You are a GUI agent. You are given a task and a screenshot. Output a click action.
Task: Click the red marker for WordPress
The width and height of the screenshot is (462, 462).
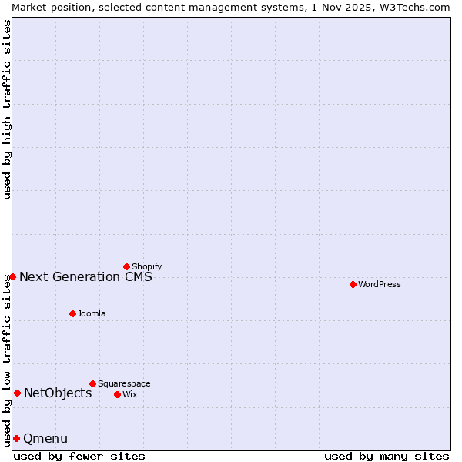353,284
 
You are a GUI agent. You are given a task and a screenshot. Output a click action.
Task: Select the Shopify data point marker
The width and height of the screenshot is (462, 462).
126,266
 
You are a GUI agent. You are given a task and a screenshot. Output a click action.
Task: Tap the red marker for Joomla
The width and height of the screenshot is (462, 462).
72,313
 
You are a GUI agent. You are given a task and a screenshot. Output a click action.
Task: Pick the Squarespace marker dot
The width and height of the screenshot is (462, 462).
92,383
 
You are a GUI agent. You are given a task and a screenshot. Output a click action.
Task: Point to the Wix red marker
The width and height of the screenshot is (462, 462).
117,394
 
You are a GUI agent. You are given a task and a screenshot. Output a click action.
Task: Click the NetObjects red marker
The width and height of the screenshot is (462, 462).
17,393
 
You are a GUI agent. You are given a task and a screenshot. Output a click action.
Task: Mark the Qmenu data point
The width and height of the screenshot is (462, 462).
16,438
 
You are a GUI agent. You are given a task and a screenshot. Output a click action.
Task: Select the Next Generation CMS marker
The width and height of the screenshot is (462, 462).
12,276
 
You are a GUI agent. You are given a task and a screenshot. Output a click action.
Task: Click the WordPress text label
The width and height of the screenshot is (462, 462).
380,284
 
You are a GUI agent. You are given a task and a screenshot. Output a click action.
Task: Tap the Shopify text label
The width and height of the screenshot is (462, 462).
146,266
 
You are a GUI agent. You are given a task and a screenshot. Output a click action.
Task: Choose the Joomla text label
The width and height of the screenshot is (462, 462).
92,313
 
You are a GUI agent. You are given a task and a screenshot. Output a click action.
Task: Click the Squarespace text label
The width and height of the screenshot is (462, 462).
124,383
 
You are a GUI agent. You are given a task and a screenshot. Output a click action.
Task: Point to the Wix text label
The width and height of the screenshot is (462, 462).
129,394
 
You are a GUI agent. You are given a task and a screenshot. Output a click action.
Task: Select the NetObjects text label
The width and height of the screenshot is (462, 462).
58,393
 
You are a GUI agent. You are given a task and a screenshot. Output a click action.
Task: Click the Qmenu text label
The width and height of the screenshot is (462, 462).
45,438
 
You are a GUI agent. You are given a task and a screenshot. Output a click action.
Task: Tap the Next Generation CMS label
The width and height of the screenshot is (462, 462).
85,276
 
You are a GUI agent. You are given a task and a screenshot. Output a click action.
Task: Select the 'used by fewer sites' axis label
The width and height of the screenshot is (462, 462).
79,456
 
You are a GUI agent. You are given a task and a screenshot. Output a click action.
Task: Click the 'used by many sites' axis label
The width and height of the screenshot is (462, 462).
387,456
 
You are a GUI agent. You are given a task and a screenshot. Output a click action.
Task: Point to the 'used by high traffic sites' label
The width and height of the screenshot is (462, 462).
7,109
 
